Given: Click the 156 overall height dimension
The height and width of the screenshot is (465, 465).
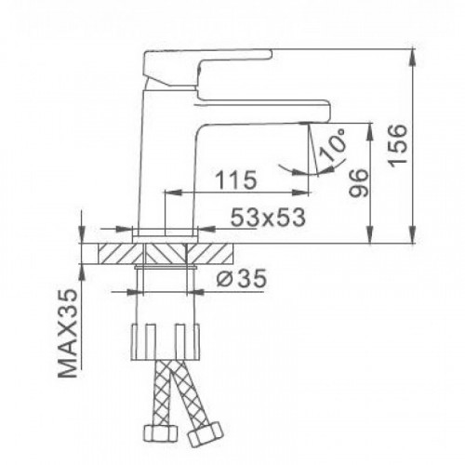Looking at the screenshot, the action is coord(398,146).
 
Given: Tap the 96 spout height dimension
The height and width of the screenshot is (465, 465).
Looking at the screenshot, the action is coord(359,183).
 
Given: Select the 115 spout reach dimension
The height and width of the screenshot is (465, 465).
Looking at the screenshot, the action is coord(236,179).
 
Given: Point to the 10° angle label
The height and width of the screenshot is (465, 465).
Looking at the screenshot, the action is coord(333,144).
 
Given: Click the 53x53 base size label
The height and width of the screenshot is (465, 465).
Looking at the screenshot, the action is coord(269,217).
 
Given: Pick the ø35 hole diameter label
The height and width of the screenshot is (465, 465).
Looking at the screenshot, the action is coord(241,278).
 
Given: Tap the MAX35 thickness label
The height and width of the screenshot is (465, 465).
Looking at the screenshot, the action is coord(68,333).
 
